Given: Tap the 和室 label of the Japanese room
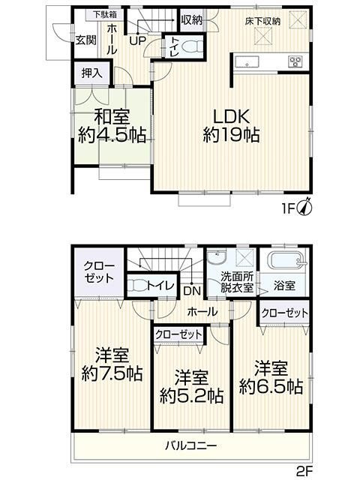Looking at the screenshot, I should click(x=112, y=117).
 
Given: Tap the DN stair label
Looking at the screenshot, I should click(x=191, y=289).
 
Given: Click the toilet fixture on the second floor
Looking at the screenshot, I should click(x=140, y=286).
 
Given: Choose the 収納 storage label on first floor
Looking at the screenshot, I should click(x=190, y=20).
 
